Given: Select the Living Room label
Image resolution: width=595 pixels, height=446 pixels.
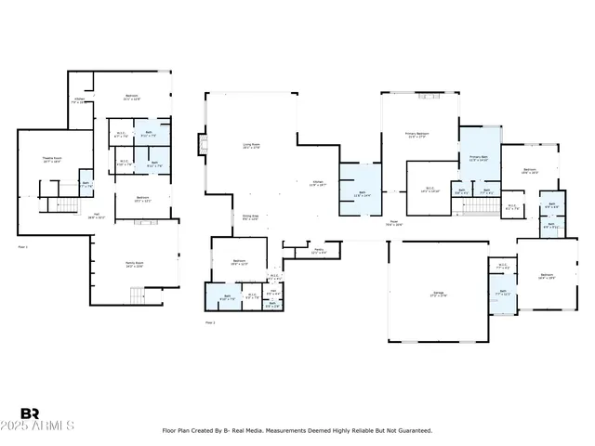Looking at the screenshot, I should [x=251, y=146].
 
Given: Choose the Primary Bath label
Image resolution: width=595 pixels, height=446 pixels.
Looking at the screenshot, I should [x=478, y=159].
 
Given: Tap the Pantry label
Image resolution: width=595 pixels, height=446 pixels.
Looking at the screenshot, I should [x=317, y=251].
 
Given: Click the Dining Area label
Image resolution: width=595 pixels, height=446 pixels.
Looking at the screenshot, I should [x=250, y=217].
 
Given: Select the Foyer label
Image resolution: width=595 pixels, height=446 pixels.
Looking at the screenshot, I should [x=394, y=223].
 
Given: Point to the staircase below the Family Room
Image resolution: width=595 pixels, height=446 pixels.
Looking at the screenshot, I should [x=139, y=296].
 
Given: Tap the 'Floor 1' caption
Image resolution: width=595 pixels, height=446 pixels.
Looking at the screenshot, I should [x=23, y=247].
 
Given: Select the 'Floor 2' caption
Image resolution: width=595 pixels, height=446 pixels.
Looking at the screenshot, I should [x=209, y=322].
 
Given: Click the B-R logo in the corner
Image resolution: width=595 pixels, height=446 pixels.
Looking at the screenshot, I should [x=31, y=414].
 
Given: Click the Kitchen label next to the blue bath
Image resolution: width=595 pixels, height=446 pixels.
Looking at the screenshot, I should [x=317, y=183].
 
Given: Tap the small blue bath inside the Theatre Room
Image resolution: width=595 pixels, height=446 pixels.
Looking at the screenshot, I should [x=85, y=182].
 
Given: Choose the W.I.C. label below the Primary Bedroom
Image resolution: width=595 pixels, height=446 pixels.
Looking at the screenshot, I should [x=430, y=190].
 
